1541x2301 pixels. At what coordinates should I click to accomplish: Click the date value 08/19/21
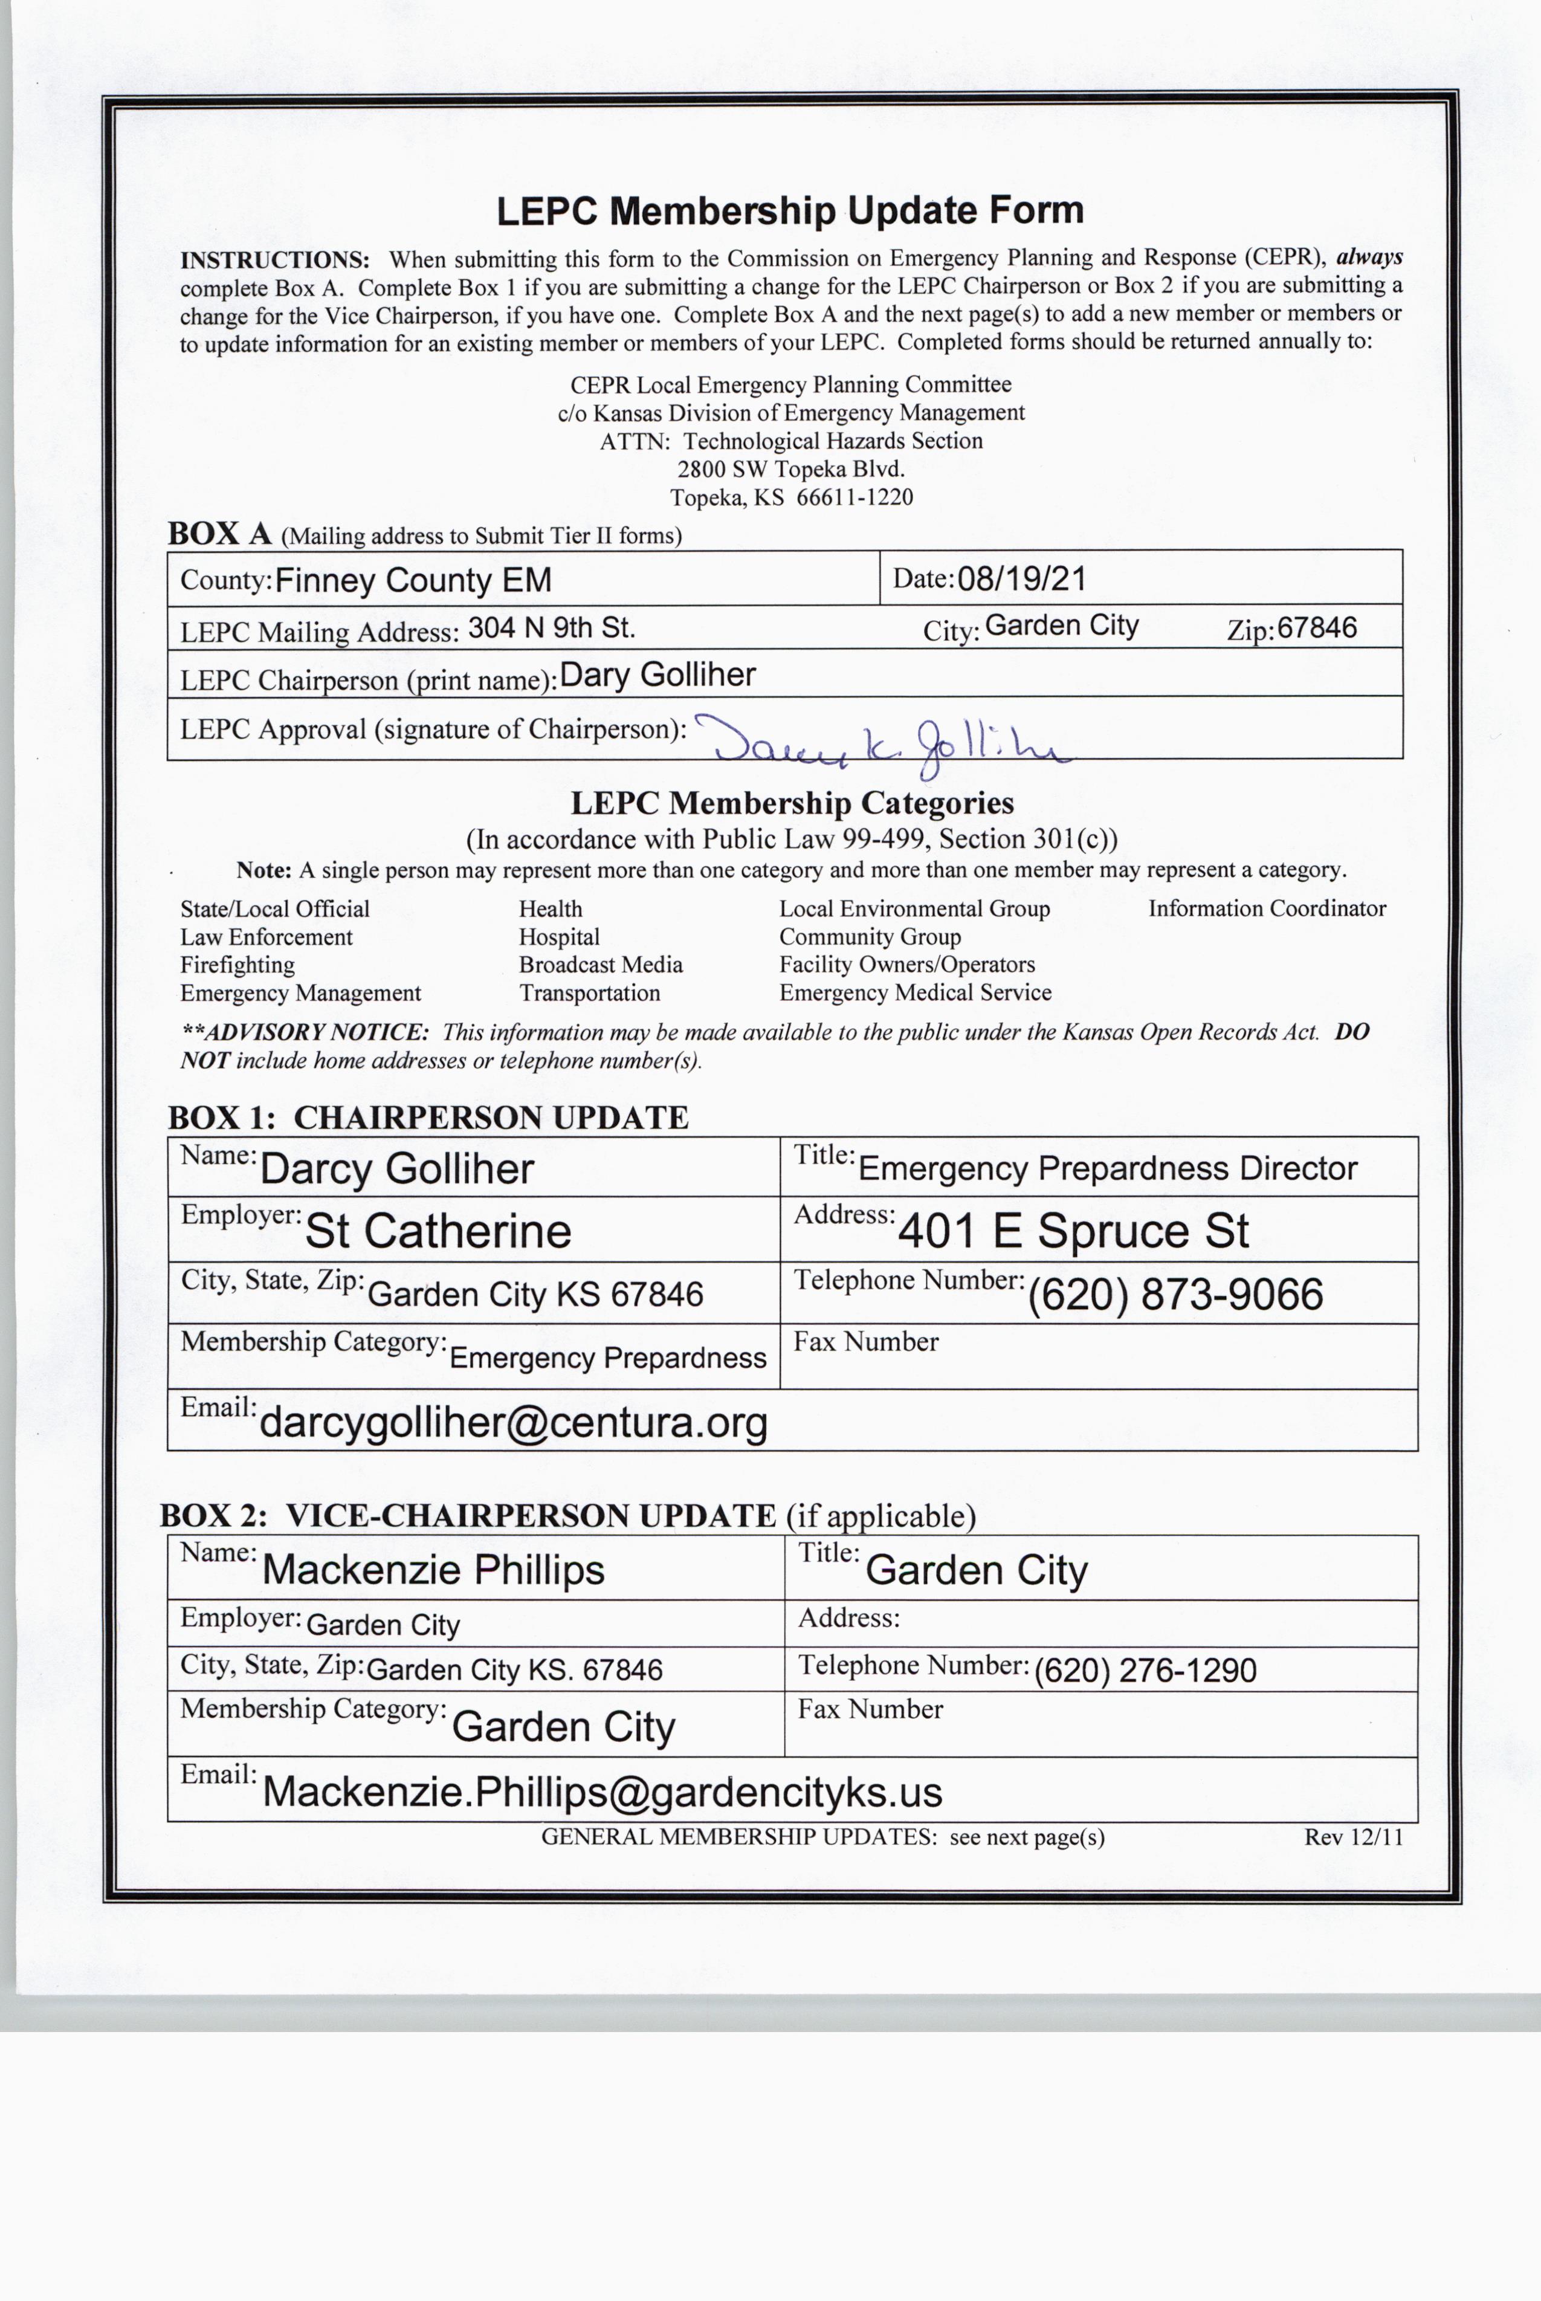click(1021, 578)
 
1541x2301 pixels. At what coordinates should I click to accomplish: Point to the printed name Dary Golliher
click(657, 675)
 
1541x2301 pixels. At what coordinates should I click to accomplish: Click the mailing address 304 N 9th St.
click(551, 628)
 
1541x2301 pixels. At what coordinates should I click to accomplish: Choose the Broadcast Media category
click(601, 964)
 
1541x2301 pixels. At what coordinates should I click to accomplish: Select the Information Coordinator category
click(1267, 908)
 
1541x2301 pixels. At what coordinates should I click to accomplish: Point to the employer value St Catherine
click(438, 1231)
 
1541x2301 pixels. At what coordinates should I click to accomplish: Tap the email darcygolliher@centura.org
click(513, 1422)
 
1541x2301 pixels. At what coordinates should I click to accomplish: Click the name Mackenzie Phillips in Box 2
click(433, 1570)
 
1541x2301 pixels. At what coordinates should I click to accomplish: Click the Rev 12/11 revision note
click(1352, 1837)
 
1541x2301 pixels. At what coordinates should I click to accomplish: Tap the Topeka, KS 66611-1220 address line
click(791, 497)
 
